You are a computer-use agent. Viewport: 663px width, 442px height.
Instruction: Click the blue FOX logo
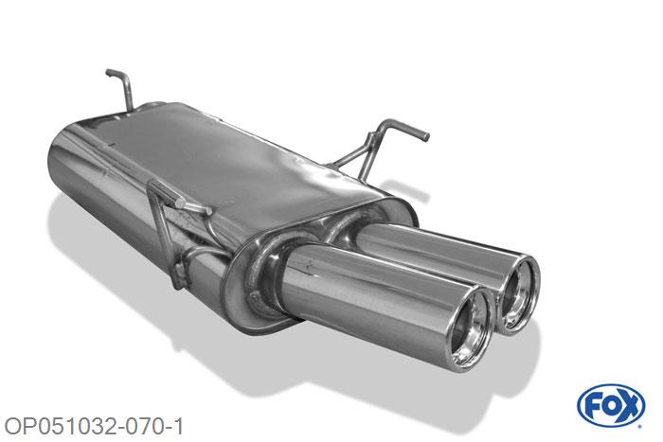click(611, 406)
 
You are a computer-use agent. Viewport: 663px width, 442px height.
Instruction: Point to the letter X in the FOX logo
click(629, 406)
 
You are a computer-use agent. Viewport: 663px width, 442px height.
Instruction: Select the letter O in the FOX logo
click(610, 406)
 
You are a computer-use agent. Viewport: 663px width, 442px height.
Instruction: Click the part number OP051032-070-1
click(94, 427)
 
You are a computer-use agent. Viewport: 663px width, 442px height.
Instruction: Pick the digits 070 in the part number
click(142, 427)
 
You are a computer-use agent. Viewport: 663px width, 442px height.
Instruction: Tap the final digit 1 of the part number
click(179, 427)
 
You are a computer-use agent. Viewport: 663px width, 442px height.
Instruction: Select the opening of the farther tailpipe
click(519, 293)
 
